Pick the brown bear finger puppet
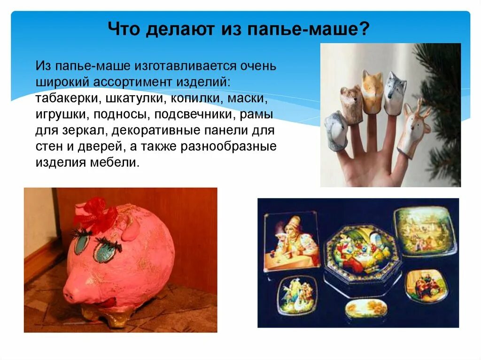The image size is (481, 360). (x=351, y=103)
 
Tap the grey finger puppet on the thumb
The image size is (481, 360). (x=335, y=130)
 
